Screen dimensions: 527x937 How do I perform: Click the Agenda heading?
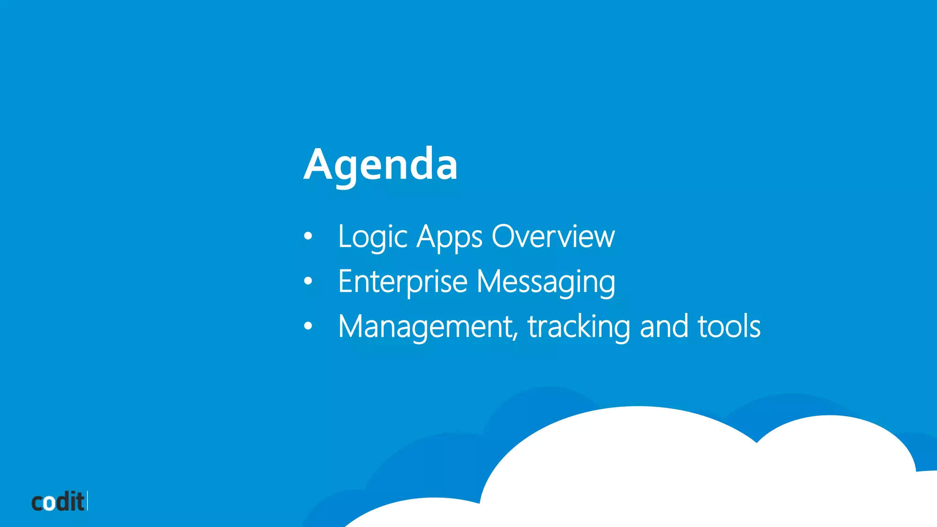[x=380, y=165]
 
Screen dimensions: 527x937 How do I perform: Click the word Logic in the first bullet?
[x=372, y=237]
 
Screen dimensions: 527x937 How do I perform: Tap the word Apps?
[x=449, y=237]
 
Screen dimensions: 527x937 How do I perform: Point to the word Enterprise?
[x=403, y=282]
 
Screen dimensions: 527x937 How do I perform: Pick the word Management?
[x=425, y=327]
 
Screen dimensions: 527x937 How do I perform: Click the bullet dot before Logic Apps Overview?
[x=308, y=236]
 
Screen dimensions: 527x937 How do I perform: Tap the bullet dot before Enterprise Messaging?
[x=308, y=281]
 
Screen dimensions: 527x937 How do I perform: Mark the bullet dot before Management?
[x=308, y=326]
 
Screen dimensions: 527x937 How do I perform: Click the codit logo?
[x=59, y=501]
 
